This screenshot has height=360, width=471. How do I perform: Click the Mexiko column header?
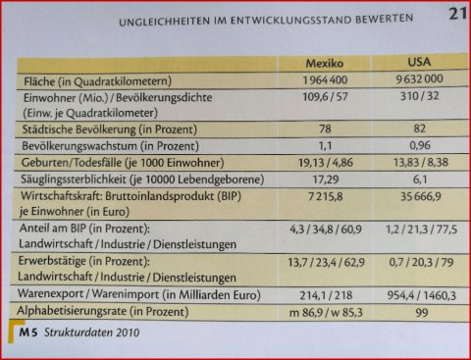pyautogui.click(x=306, y=62)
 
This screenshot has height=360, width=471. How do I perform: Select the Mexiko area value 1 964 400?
pyautogui.click(x=306, y=79)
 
